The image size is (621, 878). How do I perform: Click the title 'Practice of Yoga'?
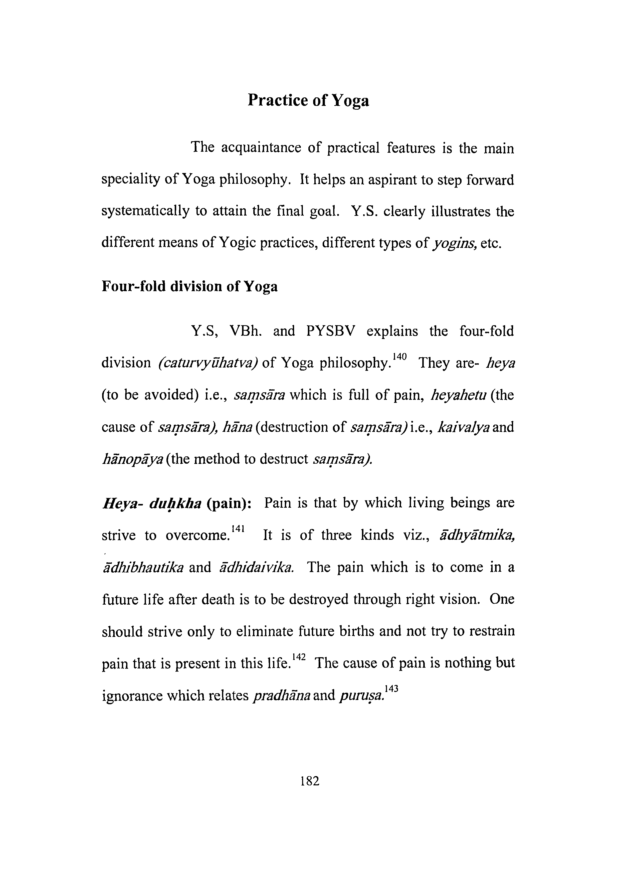tap(308, 101)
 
